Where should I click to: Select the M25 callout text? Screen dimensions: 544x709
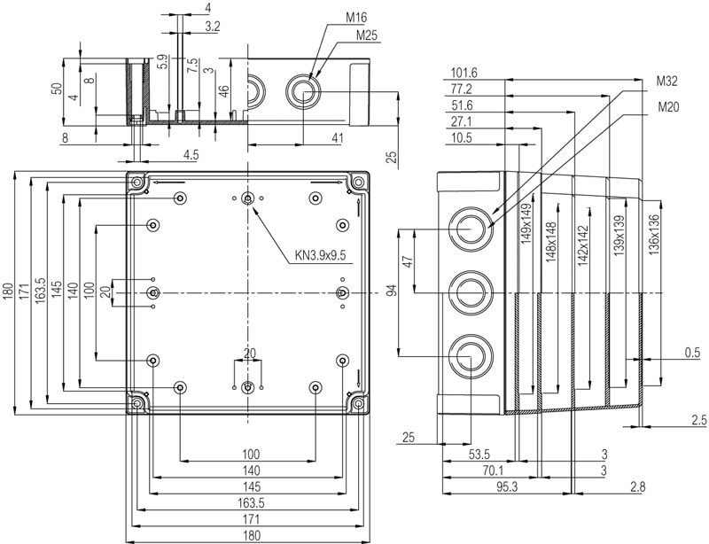coord(366,35)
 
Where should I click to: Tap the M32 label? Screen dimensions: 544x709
coord(666,82)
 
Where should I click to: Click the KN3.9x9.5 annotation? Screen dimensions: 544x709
coord(320,256)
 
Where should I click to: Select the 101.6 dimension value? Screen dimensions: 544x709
coord(464,73)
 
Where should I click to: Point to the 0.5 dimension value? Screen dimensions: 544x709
coord(692,354)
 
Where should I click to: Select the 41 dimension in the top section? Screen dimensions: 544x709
coord(337,137)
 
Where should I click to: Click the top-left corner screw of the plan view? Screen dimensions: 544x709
coord(138,183)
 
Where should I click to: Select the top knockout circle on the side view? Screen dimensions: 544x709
coord(470,229)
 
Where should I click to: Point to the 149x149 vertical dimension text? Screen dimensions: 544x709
coord(526,223)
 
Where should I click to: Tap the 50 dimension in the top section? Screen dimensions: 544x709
coord(56,89)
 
